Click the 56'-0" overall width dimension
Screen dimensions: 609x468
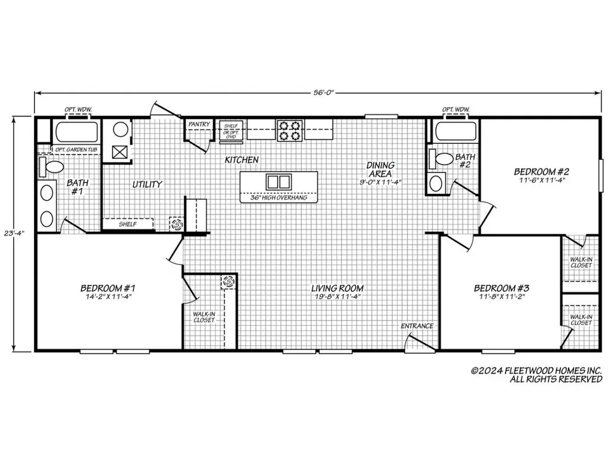pos(324,92)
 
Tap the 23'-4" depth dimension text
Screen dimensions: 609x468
pos(14,234)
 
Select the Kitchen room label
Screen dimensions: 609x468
pos(241,159)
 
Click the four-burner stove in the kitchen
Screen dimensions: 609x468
pos(290,130)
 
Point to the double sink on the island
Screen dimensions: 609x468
pos(278,182)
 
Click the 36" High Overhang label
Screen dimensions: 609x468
pos(278,197)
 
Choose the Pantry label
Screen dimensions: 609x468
pos(199,124)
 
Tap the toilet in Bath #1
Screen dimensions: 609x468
pos(51,167)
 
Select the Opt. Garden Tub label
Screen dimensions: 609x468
pos(76,149)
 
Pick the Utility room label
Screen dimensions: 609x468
pos(147,184)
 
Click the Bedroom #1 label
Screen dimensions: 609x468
pos(108,288)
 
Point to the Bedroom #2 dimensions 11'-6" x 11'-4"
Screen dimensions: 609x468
pos(541,180)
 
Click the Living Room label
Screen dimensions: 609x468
pos(337,288)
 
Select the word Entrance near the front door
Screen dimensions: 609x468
pos(417,326)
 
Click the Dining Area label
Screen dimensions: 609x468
pos(380,169)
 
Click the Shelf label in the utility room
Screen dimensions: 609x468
pos(128,224)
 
